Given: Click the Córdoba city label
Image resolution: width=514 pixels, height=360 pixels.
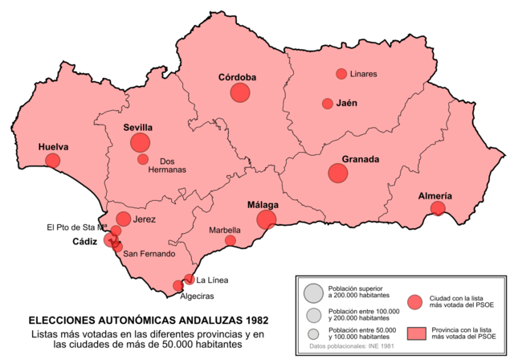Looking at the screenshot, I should pos(237,78).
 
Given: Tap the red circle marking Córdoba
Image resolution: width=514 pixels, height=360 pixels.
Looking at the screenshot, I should pos(240,92).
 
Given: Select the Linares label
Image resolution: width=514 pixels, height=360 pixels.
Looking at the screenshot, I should pos(364,74).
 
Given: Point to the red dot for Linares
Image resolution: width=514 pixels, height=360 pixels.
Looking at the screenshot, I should pos(341,74).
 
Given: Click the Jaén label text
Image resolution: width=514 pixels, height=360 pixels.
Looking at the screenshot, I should pos(347,104).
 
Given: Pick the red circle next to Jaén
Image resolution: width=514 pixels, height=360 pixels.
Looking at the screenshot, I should pos(328,104).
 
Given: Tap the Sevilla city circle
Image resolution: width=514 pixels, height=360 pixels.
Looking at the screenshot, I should pos(140,143).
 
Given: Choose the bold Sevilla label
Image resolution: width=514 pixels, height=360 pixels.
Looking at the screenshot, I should pos(138,128).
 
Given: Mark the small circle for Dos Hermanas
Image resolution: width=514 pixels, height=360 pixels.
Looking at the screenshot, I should pos(143,159).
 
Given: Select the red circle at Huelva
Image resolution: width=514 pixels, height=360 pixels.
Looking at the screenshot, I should pos(53,161).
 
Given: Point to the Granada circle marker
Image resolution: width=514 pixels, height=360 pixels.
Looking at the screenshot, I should pos(338,173).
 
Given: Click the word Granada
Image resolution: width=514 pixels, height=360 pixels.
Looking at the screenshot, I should pos(360,160).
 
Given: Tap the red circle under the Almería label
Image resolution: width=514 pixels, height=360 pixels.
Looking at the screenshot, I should pos(438,209).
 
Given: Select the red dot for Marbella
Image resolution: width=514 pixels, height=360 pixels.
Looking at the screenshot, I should pos(230,240).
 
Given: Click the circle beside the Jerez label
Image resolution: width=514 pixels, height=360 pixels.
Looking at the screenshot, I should pos(124,219).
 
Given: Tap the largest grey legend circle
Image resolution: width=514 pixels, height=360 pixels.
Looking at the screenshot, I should pos(313,292).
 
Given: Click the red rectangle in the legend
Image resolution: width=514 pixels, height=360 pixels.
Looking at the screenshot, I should pos(416,333).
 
